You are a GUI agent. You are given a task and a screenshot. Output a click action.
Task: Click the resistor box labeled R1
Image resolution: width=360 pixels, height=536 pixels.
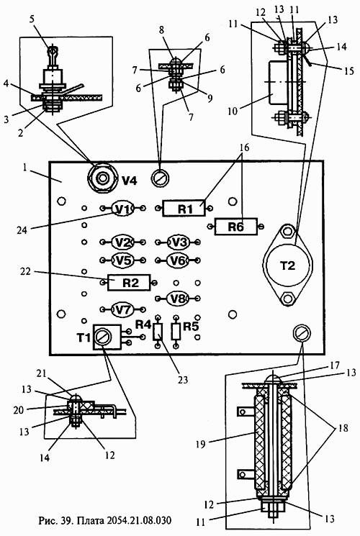pos(184,208)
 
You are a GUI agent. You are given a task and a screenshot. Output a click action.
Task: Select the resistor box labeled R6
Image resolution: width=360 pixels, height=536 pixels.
pos(235,226)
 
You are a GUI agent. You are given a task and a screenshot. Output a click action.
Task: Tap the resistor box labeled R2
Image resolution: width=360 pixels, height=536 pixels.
pos(129,282)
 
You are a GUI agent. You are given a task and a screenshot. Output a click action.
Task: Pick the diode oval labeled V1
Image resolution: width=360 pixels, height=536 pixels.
pos(123,208)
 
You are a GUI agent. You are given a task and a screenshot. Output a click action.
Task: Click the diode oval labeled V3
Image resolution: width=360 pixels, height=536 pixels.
pos(179,242)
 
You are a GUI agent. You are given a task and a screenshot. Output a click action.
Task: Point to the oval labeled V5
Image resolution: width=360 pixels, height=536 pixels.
pos(123,260)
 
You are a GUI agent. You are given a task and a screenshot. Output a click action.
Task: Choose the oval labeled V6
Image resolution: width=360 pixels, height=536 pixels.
pos(179,260)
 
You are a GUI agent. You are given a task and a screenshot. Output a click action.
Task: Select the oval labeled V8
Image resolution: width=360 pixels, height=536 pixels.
pos(179,299)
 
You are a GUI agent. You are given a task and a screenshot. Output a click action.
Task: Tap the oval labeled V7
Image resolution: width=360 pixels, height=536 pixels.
pos(123,309)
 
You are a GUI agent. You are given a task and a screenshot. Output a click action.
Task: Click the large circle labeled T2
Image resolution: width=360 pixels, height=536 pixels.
pos(287,265)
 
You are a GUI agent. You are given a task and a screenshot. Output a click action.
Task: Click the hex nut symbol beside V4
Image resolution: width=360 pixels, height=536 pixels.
pos(102,178)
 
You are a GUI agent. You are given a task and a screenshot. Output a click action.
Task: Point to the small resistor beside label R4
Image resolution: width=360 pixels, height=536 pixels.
pos(158,332)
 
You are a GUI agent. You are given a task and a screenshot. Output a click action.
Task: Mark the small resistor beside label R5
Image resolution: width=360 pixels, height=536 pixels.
pos(176,332)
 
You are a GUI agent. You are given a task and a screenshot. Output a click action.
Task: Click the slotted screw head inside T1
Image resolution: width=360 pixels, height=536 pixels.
pos(103,337)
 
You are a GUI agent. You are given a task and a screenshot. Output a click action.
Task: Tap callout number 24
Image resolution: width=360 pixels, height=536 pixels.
pos(22,230)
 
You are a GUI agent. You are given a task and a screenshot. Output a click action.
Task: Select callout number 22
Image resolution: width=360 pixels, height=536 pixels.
pos(26,272)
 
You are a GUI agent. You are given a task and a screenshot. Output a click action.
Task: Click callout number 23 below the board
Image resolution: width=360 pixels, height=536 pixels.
pos(184,379)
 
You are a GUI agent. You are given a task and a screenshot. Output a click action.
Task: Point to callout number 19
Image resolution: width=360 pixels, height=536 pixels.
pos(201,444)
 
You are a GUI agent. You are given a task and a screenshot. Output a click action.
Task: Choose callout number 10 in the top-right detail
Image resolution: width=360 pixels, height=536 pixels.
pos(233,111)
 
